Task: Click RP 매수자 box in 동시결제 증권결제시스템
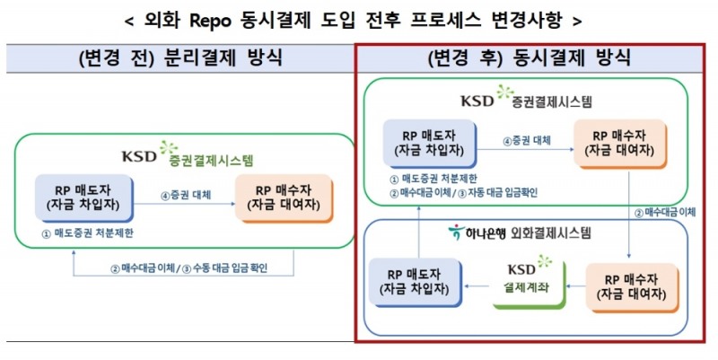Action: [x=623, y=143]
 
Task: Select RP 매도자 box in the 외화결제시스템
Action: [x=416, y=284]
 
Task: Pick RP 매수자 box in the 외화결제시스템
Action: [x=626, y=285]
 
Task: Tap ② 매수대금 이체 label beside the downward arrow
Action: [x=665, y=213]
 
